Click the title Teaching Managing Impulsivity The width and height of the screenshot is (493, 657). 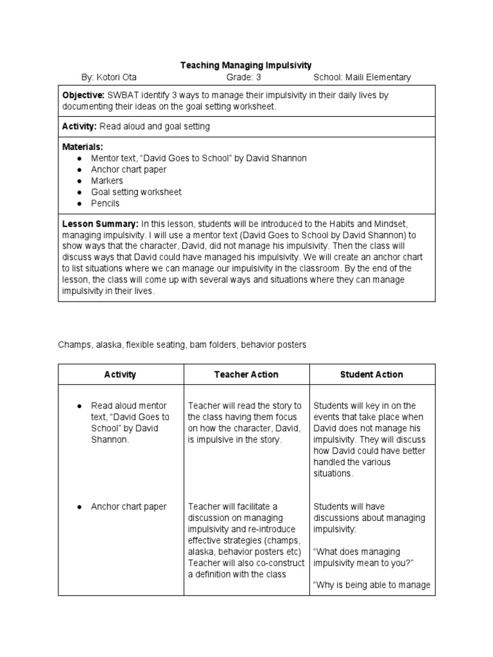point(246,65)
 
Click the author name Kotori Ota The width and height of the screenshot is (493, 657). point(113,78)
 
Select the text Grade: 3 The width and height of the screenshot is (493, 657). point(244,78)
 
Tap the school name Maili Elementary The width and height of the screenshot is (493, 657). point(362,78)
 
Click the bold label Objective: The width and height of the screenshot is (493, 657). point(83,95)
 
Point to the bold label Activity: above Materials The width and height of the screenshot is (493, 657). point(80,126)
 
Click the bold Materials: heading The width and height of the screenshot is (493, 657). point(82,147)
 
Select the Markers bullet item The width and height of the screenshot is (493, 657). point(107,181)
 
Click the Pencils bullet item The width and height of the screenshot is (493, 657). point(105,203)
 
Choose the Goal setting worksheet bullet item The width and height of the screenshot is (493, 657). point(136,192)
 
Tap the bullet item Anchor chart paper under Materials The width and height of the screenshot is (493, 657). point(128,169)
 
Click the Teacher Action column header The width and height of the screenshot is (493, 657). point(246,374)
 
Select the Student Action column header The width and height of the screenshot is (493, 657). point(372,374)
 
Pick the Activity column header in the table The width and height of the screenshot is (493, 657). point(121,374)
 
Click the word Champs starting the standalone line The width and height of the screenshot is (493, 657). point(72,345)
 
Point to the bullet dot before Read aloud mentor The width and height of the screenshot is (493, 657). point(78,406)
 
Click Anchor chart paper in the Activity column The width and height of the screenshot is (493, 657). point(128,507)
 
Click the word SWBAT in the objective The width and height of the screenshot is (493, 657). point(121,95)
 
